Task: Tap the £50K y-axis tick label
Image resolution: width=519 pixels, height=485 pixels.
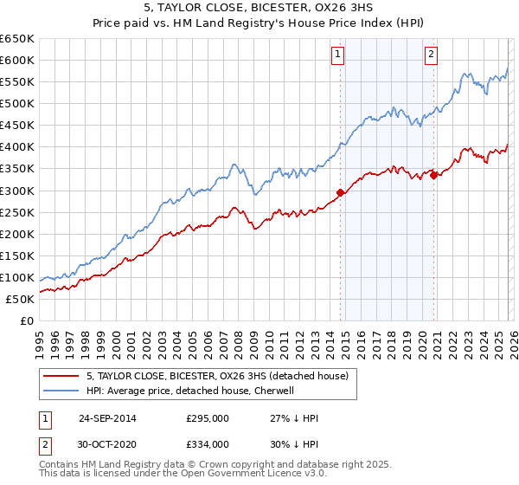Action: click(20, 299)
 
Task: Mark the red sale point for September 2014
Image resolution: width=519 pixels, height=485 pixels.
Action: click(340, 192)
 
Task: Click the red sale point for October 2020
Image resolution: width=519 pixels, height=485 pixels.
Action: click(433, 175)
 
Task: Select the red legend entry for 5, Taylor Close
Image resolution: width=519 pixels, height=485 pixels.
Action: click(216, 376)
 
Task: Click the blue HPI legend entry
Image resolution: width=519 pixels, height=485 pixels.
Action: click(190, 391)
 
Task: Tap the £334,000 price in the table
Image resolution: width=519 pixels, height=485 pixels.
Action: click(208, 443)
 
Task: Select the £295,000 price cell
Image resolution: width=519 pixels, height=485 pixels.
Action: click(208, 418)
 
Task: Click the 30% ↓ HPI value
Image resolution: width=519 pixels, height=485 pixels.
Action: click(294, 443)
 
